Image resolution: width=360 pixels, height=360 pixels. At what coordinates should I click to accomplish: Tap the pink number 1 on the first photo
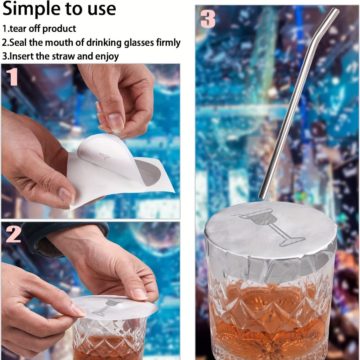tap(12, 77)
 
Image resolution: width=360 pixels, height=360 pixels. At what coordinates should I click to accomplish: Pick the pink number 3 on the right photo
tap(208, 19)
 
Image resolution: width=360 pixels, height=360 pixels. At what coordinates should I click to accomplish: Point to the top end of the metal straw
tap(335, 11)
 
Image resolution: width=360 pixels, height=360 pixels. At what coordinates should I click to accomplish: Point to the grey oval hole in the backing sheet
tap(148, 173)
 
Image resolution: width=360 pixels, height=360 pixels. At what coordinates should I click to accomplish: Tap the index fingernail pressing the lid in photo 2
tap(140, 294)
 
